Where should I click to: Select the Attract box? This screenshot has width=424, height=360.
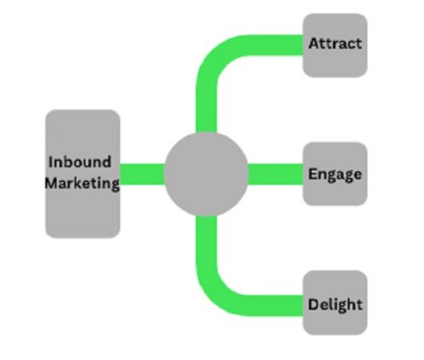click(335, 44)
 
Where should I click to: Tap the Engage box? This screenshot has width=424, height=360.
click(335, 174)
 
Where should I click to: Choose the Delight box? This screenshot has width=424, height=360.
click(335, 303)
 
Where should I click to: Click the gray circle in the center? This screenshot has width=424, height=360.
click(206, 174)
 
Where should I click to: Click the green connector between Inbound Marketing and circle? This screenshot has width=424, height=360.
click(142, 174)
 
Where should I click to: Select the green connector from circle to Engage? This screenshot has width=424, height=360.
click(276, 174)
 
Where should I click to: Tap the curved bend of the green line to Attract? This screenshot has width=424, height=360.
click(216, 58)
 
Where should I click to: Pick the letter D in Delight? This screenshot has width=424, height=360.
click(314, 303)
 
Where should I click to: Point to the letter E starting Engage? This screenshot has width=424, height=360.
click(313, 174)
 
